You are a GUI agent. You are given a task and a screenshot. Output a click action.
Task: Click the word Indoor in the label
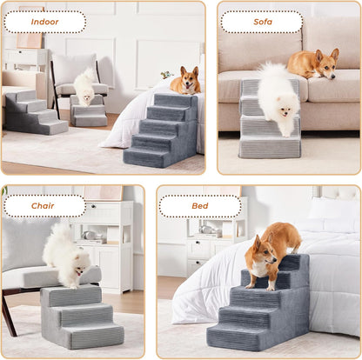click(44, 22)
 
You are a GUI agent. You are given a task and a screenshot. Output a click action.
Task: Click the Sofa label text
click(261, 22)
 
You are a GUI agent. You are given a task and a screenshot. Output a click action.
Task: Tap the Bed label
click(199, 206)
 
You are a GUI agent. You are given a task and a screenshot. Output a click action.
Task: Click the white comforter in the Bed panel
click(331, 278)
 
